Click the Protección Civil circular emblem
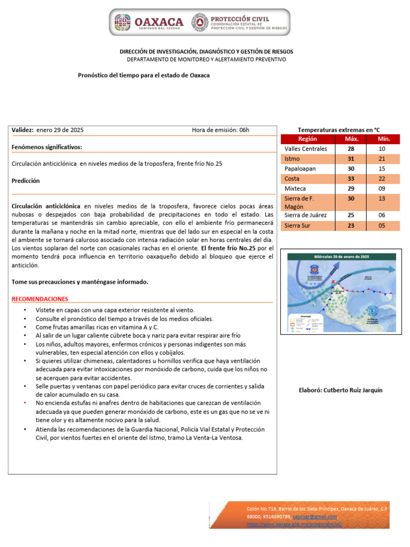point(201,22)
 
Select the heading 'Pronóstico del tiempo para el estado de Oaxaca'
point(144,75)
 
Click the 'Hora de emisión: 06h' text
point(220,130)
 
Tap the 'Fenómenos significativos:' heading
point(47,147)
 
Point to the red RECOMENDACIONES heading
point(40,299)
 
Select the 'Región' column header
point(307,139)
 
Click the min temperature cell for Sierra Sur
point(382,225)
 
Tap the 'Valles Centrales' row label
point(306,149)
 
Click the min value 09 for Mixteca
point(382,189)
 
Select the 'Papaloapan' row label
point(302,169)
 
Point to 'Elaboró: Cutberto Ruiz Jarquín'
point(341,390)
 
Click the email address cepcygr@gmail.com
point(318,517)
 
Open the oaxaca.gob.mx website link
point(294,525)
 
